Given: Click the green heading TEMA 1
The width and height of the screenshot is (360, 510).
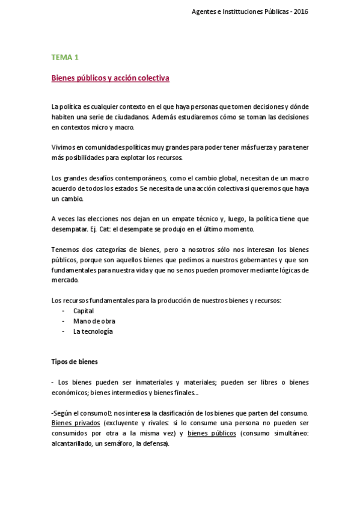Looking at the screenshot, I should (65, 58).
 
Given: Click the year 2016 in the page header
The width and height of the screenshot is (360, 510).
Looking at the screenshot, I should (302, 11).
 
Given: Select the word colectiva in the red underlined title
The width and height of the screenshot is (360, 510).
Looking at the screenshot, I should (154, 78).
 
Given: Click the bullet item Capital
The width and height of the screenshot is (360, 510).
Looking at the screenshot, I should (83, 311).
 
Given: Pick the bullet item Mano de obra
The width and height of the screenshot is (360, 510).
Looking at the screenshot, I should (90, 321).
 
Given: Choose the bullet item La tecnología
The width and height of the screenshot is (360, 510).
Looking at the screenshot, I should (93, 331).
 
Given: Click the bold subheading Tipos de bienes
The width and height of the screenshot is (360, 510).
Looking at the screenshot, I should (75, 362).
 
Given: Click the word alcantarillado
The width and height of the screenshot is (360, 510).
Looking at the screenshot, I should (73, 444).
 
